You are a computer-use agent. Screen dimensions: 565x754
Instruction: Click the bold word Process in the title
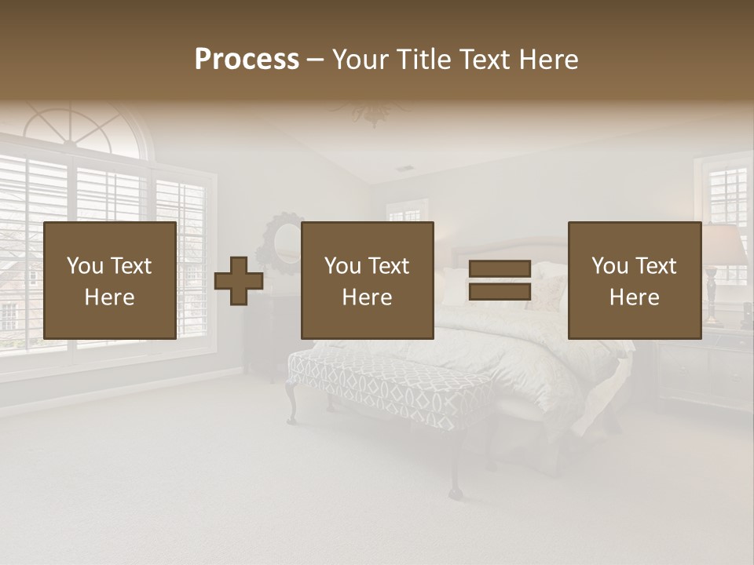tap(247, 60)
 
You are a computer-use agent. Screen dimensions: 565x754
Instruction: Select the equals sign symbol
tap(500, 280)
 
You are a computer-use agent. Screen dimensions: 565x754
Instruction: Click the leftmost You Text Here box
tap(110, 280)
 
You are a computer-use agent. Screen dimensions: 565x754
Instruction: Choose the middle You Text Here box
tap(367, 280)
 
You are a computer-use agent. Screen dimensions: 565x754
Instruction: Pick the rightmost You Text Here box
tap(634, 280)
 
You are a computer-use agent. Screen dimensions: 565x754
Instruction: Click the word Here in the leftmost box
tap(110, 297)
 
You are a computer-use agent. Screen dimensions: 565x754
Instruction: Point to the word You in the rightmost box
tap(610, 266)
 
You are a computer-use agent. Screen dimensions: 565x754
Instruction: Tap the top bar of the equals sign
tap(500, 269)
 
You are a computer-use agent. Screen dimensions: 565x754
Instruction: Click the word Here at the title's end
tap(547, 60)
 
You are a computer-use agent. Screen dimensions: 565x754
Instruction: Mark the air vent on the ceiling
tap(404, 168)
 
